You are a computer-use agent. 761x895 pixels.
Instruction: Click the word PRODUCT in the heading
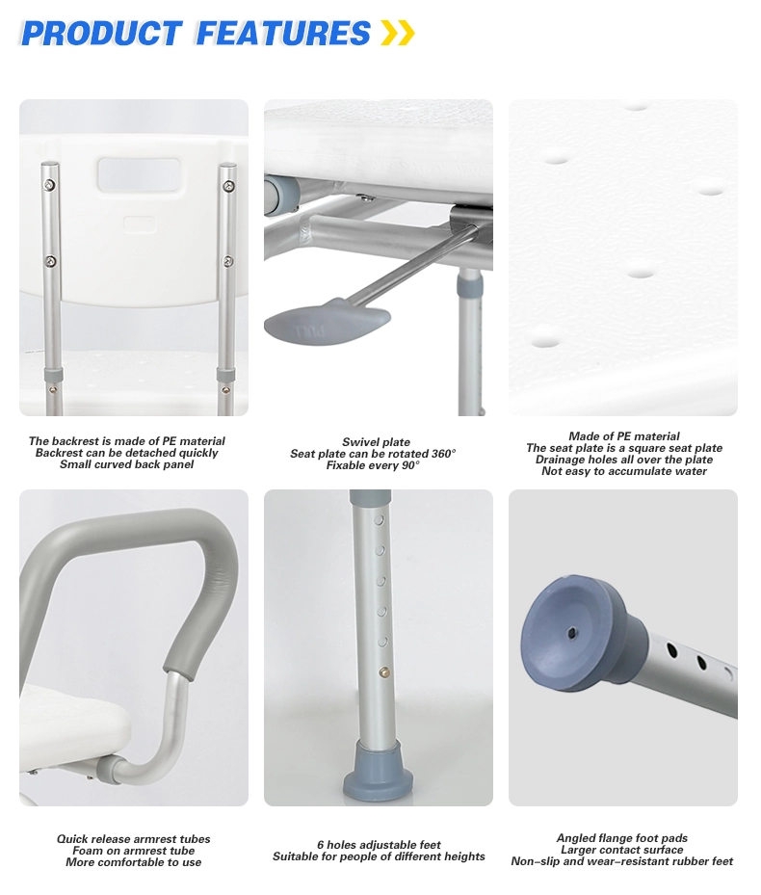[101, 34]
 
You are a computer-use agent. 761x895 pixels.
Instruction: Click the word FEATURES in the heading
[283, 34]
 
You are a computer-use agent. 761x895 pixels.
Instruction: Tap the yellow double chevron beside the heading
[397, 34]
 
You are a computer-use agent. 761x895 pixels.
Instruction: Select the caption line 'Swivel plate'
[376, 442]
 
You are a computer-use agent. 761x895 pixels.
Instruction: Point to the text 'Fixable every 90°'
[377, 465]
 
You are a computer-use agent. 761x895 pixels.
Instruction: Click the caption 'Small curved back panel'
[126, 464]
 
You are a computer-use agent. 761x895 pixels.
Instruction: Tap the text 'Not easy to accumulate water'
[624, 471]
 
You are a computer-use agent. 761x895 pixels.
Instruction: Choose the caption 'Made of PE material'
[624, 436]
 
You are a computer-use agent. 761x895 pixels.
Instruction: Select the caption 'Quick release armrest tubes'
[133, 839]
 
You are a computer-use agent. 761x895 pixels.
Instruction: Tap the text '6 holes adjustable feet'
[379, 845]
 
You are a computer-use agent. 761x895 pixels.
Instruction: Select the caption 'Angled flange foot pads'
[622, 838]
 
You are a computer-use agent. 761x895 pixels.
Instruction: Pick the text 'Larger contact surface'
[622, 850]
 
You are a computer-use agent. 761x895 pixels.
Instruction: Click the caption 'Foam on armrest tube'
[134, 851]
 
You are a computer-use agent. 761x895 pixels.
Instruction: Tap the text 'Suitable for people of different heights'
[379, 856]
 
